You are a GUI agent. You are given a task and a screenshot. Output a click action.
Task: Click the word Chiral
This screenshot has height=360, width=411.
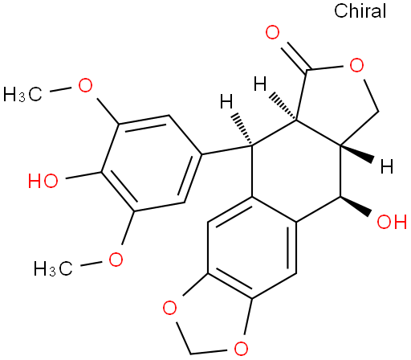[360, 10]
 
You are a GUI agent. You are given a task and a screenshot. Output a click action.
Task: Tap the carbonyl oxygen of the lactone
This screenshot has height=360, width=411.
[272, 32]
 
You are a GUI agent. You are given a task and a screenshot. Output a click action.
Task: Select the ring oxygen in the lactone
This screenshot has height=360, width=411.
[356, 65]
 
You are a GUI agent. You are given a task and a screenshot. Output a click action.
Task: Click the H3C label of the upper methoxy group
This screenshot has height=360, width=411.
[22, 94]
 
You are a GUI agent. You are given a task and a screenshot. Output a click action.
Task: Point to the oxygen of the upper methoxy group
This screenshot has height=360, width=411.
[85, 85]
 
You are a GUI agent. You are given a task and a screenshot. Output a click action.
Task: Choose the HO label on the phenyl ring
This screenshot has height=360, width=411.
[43, 180]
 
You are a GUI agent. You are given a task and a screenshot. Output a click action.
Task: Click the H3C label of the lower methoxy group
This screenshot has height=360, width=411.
[53, 268]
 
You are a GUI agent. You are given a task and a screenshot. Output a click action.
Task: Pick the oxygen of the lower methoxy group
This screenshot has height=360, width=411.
[116, 259]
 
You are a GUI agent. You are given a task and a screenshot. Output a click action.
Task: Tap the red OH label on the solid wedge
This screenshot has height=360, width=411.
[392, 222]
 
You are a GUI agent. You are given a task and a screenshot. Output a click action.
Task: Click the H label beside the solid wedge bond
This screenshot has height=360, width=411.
[387, 166]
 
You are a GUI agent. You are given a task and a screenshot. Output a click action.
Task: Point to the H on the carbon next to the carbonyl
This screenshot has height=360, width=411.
[260, 84]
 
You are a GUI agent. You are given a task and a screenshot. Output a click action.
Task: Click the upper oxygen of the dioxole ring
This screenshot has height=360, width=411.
[170, 308]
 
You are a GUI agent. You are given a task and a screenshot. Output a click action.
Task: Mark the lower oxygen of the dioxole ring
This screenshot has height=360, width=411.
[241, 348]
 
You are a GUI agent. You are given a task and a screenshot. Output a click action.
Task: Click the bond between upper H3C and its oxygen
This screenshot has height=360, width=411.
[61, 90]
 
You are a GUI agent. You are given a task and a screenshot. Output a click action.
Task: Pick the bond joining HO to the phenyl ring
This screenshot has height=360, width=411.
[83, 174]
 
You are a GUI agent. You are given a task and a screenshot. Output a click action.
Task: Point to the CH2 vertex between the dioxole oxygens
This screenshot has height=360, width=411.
[190, 353]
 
